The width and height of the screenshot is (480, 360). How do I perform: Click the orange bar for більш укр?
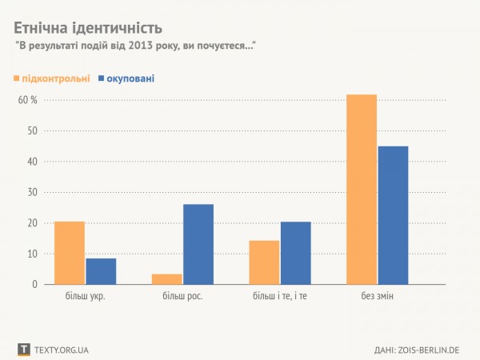[70, 253]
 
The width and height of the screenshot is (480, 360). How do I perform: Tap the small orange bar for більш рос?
[167, 279]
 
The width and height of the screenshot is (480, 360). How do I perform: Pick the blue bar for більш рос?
[198, 244]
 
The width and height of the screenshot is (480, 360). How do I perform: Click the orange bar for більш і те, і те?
[265, 262]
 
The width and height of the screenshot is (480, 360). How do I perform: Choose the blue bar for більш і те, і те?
[296, 253]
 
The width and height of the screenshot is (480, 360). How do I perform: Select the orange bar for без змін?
[362, 190]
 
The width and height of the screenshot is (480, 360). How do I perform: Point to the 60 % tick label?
[28, 100]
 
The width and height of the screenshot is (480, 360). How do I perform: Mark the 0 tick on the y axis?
[34, 284]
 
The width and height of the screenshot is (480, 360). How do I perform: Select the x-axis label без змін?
[377, 298]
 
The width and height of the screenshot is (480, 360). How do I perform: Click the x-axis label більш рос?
[182, 298]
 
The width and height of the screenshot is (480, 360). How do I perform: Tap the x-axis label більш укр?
[86, 298]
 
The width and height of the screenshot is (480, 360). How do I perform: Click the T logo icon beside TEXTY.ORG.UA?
[24, 349]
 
